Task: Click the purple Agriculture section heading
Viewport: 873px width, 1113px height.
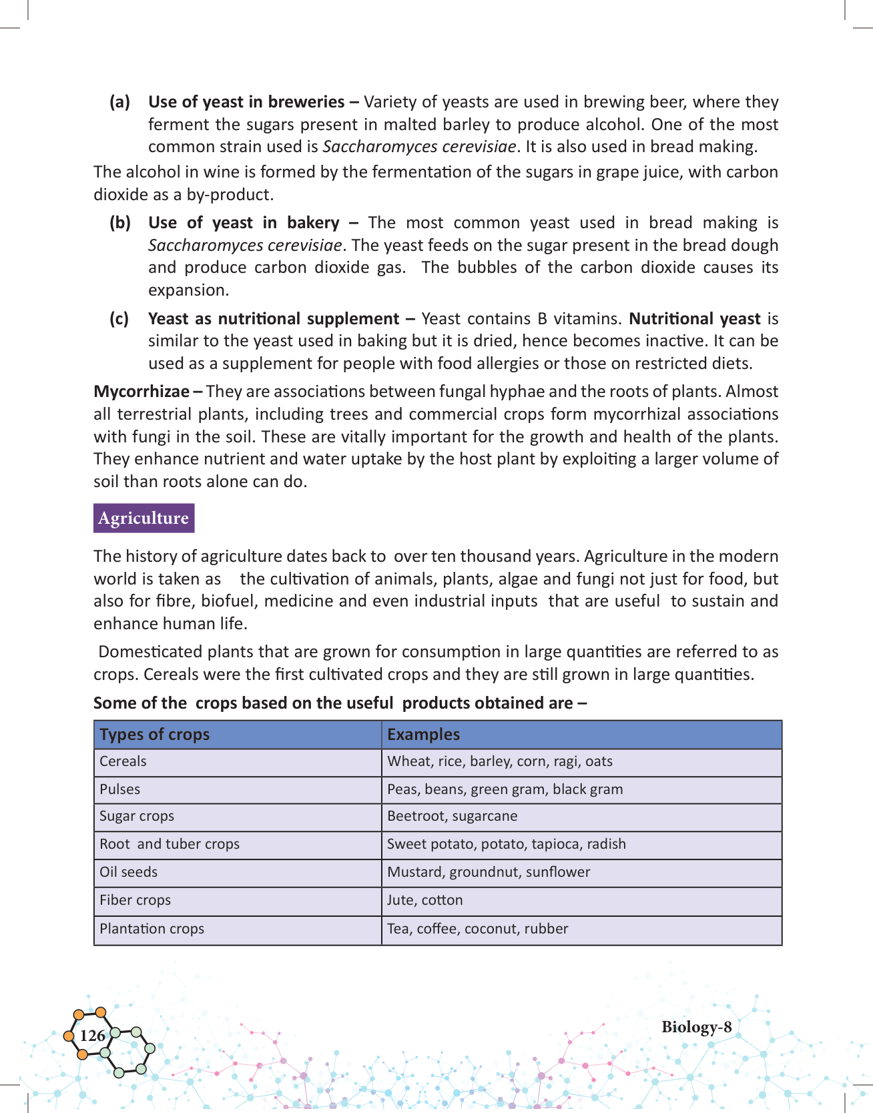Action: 143,518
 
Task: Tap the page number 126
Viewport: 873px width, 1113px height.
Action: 92,1035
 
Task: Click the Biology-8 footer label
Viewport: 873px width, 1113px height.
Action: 696,1027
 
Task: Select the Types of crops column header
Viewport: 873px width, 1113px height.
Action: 155,734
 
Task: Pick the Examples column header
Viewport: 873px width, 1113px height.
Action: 423,734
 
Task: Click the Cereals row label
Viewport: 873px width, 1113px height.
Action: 123,761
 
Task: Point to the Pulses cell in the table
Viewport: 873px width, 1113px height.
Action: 120,789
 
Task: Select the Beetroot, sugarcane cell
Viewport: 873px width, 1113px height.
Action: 452,816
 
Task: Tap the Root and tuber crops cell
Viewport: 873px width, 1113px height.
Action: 170,844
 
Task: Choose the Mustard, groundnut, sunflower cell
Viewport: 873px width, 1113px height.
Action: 489,872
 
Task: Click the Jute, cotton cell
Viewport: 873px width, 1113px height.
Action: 424,900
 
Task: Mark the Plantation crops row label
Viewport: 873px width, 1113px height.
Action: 152,929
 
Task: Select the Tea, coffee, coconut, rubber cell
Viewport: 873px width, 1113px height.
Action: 477,929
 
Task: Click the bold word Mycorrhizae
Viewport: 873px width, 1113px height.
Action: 141,392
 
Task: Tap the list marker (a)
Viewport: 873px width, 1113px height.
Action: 119,102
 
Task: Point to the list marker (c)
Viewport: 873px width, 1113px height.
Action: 119,319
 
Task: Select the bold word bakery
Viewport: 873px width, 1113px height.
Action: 313,223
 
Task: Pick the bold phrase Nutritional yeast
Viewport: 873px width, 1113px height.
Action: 694,319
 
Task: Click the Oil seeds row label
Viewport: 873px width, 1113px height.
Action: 129,872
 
